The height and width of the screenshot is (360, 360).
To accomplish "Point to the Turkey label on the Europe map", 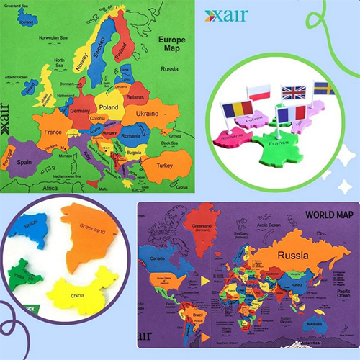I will coord(163,166).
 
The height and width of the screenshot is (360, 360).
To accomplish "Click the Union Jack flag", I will coord(293,93).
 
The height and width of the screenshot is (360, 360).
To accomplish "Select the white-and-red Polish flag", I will coord(258,92).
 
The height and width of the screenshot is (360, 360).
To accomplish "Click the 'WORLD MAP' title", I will coord(329,214).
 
